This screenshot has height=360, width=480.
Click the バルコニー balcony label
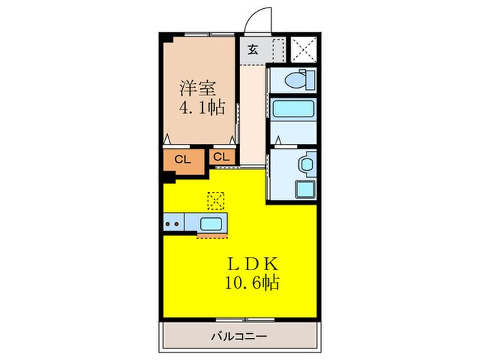pos(239,336)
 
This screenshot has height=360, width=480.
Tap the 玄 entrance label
pos(252,49)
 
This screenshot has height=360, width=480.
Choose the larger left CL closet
pos(183,160)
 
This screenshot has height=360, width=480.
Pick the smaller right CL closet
pos(221,157)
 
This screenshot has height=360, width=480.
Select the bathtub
pos(294,110)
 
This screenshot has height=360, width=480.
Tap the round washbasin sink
pos(306,164)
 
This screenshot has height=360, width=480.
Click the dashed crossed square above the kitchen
pos(216,200)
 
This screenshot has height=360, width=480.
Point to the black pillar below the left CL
pos(169,176)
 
